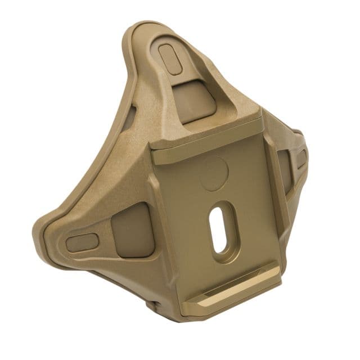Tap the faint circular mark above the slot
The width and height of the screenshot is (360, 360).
click(x=214, y=172)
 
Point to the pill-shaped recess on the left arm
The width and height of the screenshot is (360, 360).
click(x=82, y=243)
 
